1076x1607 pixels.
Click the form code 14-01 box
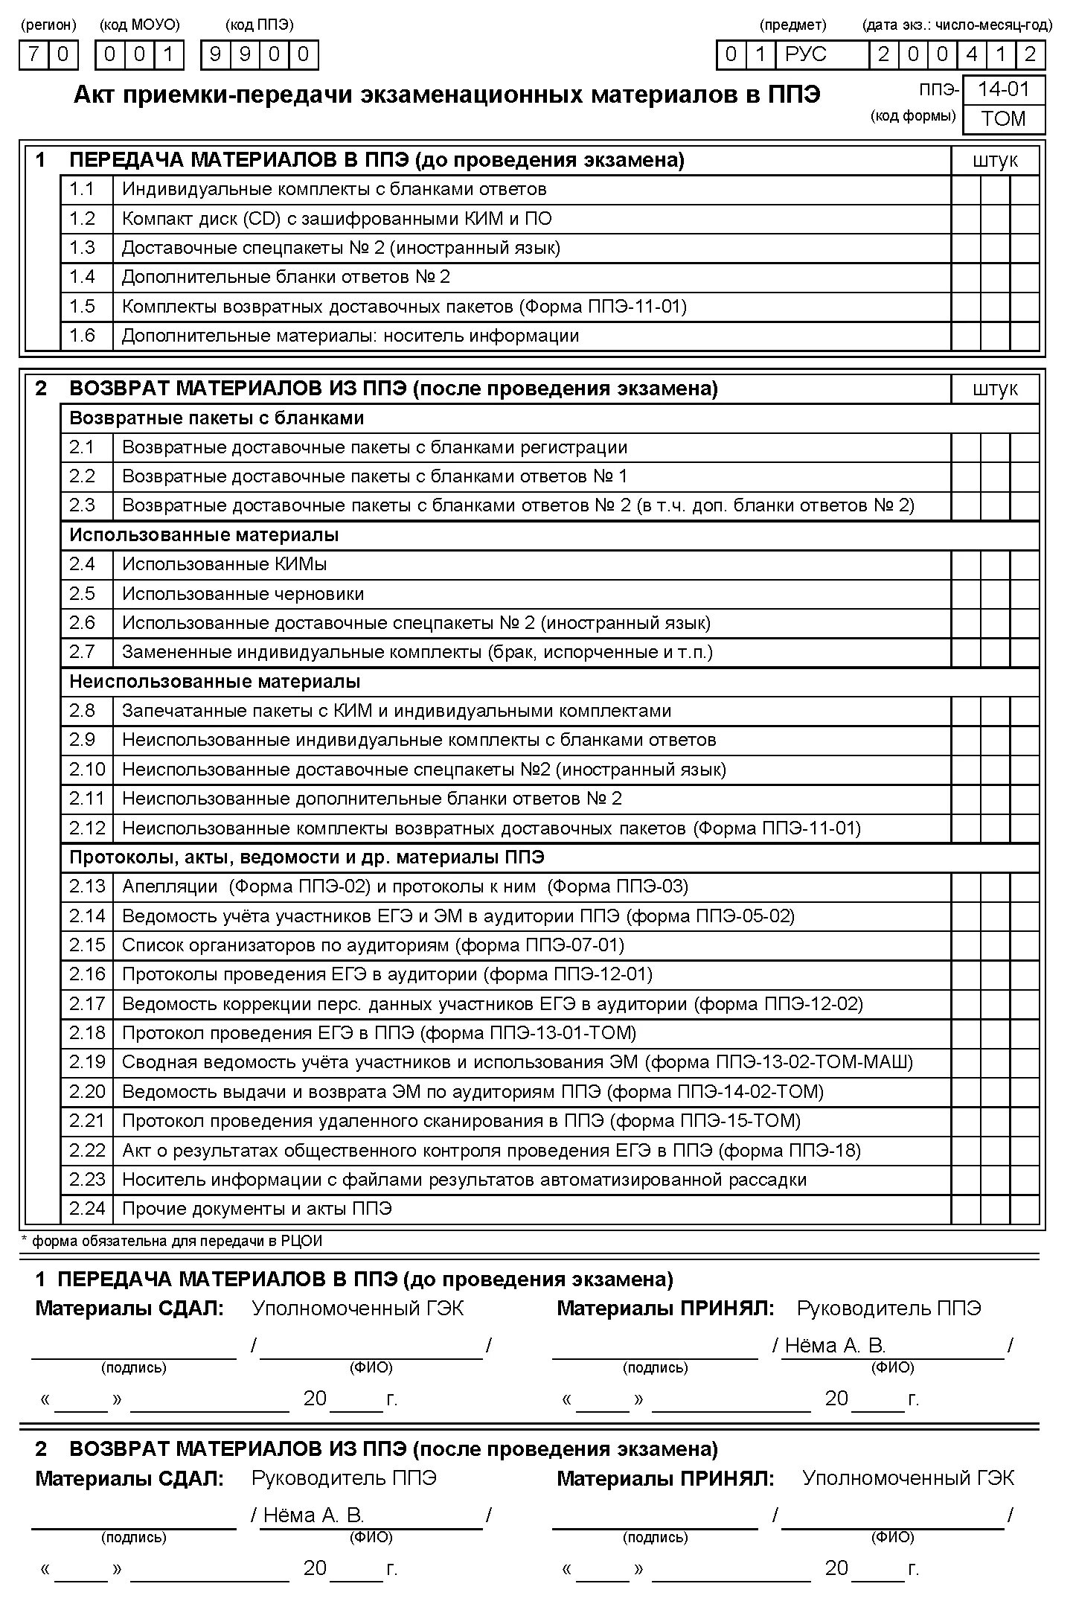pyautogui.click(x=1003, y=90)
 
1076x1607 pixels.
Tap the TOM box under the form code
pyautogui.click(x=1003, y=119)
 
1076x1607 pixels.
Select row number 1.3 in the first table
pyautogui.click(x=83, y=248)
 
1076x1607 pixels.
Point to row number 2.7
pyautogui.click(x=83, y=652)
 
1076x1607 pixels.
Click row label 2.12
pyautogui.click(x=87, y=828)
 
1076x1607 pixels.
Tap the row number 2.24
pyautogui.click(x=87, y=1209)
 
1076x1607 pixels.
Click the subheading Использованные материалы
pyautogui.click(x=204, y=535)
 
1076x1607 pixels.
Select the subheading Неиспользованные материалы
pyautogui.click(x=214, y=681)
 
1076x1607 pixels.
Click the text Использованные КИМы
pyautogui.click(x=224, y=564)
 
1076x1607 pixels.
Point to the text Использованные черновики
pyautogui.click(x=243, y=594)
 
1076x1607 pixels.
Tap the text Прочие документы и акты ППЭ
pyautogui.click(x=257, y=1209)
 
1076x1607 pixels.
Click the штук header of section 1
pyautogui.click(x=995, y=161)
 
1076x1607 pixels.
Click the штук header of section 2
pyautogui.click(x=995, y=389)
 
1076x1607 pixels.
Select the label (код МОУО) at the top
pyautogui.click(x=139, y=25)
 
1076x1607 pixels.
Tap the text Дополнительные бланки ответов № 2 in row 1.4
pyautogui.click(x=286, y=277)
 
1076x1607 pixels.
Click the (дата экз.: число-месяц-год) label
pyautogui.click(x=957, y=25)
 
